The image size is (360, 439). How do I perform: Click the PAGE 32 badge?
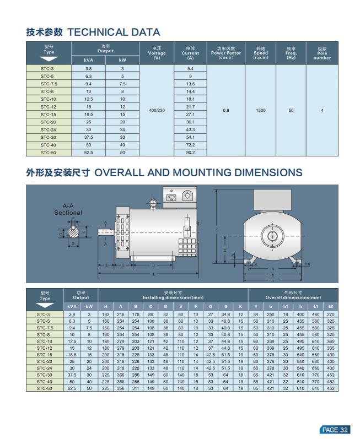pos(335,430)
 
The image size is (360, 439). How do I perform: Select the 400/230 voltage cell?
pos(157,110)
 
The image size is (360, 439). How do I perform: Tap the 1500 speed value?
pos(260,110)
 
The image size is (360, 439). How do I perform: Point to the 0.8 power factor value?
pos(226,110)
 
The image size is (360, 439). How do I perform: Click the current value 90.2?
pos(190,152)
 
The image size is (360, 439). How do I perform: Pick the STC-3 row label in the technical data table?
pos(48,68)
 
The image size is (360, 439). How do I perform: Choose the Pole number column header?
pos(322,53)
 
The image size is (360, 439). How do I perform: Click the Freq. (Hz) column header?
pos(291,53)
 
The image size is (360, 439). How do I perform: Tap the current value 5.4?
pos(190,68)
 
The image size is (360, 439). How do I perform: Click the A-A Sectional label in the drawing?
pos(68,209)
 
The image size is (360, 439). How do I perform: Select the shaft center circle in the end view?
pos(272,236)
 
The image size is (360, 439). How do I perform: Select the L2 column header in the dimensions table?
pos(330,306)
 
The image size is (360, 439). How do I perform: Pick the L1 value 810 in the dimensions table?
pos(316,388)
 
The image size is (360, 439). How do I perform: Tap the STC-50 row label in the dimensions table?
pos(45,388)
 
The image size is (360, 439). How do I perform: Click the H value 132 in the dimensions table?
pos(106,314)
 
